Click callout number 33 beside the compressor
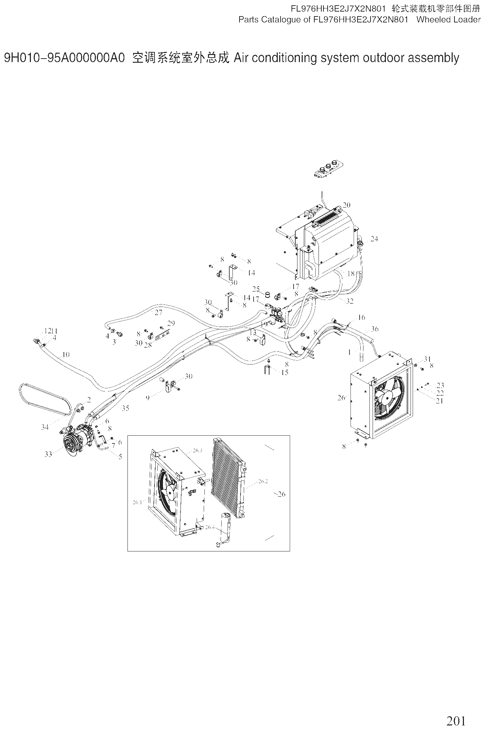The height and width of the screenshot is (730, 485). [x=48, y=454]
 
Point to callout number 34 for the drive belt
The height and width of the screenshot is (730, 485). [x=45, y=427]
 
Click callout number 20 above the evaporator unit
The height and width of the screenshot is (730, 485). [x=347, y=205]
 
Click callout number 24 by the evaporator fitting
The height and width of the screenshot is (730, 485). [x=374, y=239]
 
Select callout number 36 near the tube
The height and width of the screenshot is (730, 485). [x=375, y=329]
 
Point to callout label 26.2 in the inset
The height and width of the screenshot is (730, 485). [x=263, y=481]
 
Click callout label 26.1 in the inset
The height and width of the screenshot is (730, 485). [x=137, y=502]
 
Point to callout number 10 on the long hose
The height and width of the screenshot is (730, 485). [x=66, y=354]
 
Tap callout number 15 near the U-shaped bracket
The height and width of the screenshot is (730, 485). [x=285, y=372]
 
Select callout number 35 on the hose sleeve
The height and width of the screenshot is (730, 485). [x=125, y=408]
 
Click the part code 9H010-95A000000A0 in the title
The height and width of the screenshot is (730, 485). [x=64, y=58]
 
